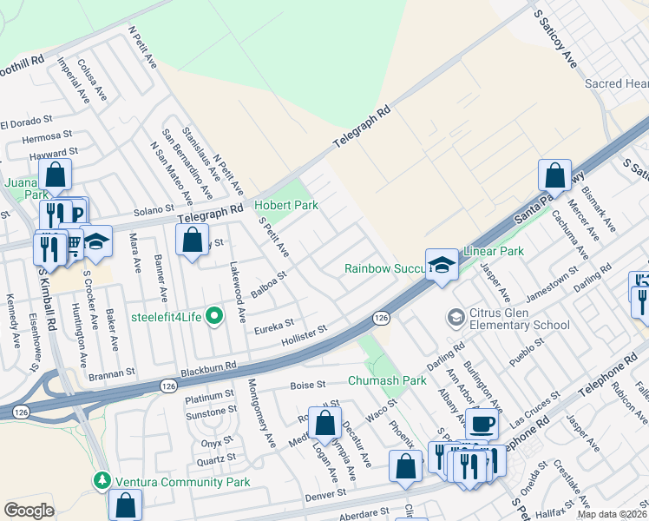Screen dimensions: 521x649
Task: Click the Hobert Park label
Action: [285, 205]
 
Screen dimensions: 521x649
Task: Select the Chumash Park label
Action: [387, 380]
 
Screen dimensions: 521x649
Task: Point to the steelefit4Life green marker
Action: [214, 316]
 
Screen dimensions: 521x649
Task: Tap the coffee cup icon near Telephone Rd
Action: [482, 424]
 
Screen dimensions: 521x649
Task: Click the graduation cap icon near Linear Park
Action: [442, 263]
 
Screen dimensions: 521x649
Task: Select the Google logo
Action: [29, 511]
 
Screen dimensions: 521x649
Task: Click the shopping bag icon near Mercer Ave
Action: [554, 175]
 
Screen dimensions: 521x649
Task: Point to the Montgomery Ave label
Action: [261, 413]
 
